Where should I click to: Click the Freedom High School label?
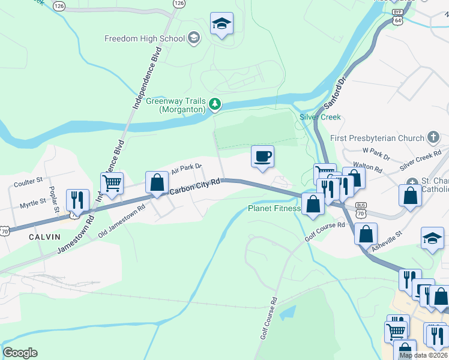click(145, 39)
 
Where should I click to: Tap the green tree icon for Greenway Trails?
click(215, 105)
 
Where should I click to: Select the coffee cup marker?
click(262, 157)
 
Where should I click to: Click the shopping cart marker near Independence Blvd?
click(112, 184)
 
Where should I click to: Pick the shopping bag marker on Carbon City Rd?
click(157, 182)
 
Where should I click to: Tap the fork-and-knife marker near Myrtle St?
click(77, 200)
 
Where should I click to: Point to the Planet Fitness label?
click(274, 209)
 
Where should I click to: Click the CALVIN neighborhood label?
click(45, 237)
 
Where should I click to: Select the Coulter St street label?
click(28, 180)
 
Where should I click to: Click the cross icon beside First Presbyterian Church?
click(433, 138)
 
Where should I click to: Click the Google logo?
click(20, 353)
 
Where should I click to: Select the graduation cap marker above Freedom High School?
click(221, 24)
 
